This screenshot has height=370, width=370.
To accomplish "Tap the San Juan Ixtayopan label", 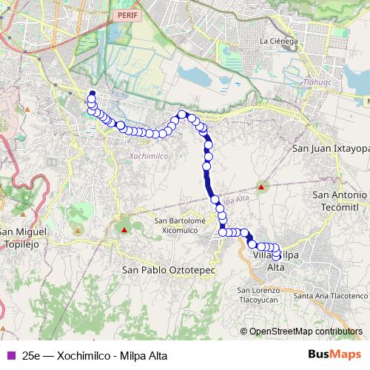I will (x=331, y=148).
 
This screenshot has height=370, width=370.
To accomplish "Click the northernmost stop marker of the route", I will (x=92, y=94).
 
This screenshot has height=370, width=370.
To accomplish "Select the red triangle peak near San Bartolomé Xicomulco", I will (x=124, y=229).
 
